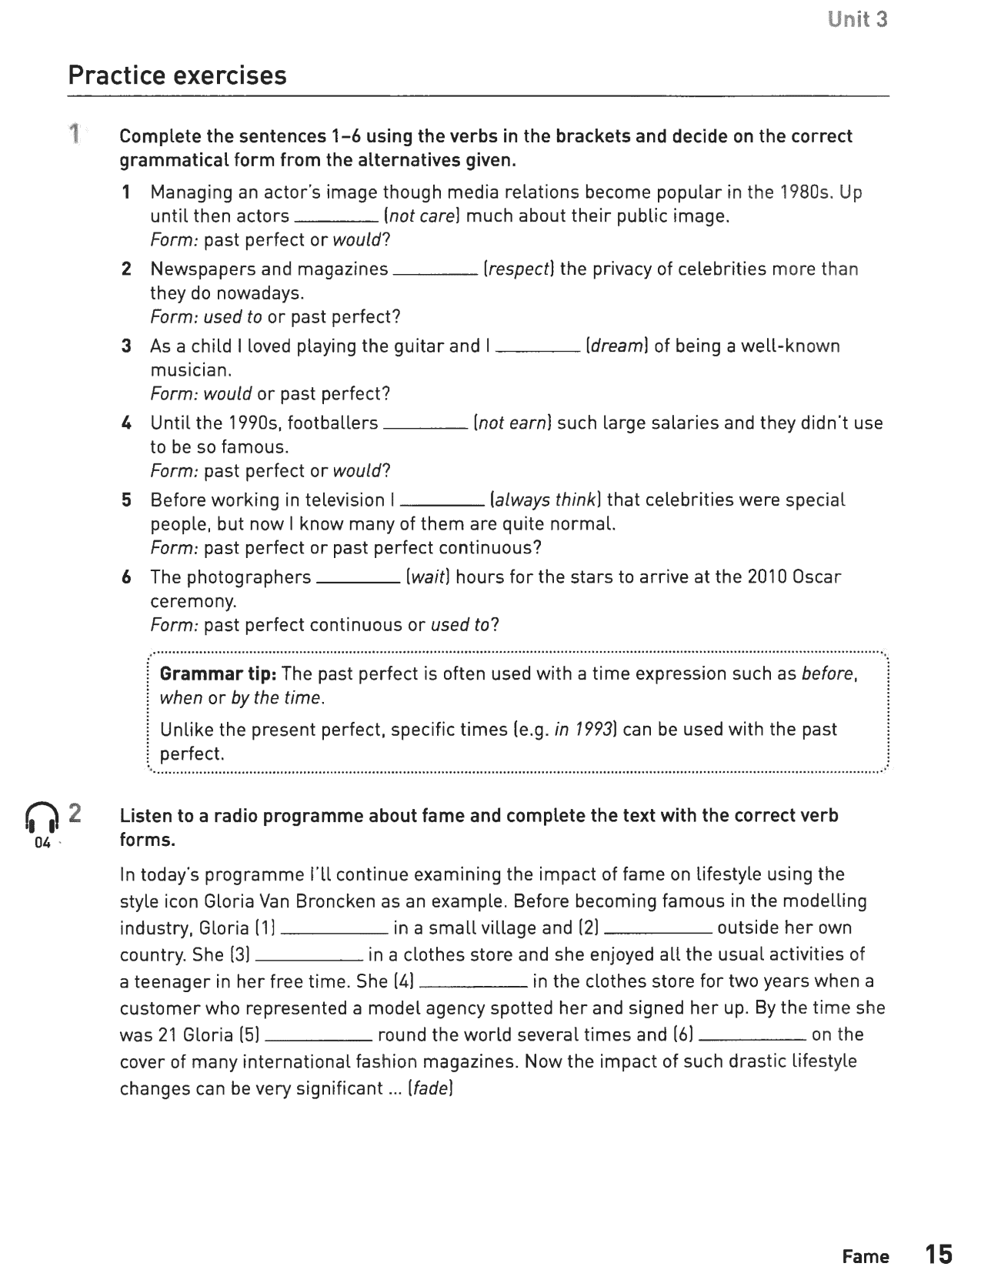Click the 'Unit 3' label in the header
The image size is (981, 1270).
coord(858,20)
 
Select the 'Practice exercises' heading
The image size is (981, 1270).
coord(177,75)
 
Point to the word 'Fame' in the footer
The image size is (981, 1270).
coord(866,1256)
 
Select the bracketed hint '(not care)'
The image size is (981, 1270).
coord(422,216)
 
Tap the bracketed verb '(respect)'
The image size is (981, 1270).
coord(519,269)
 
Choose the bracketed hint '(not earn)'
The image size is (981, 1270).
coord(512,423)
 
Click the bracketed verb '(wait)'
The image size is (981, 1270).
coord(428,577)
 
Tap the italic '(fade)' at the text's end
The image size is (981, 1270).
coord(430,1089)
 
